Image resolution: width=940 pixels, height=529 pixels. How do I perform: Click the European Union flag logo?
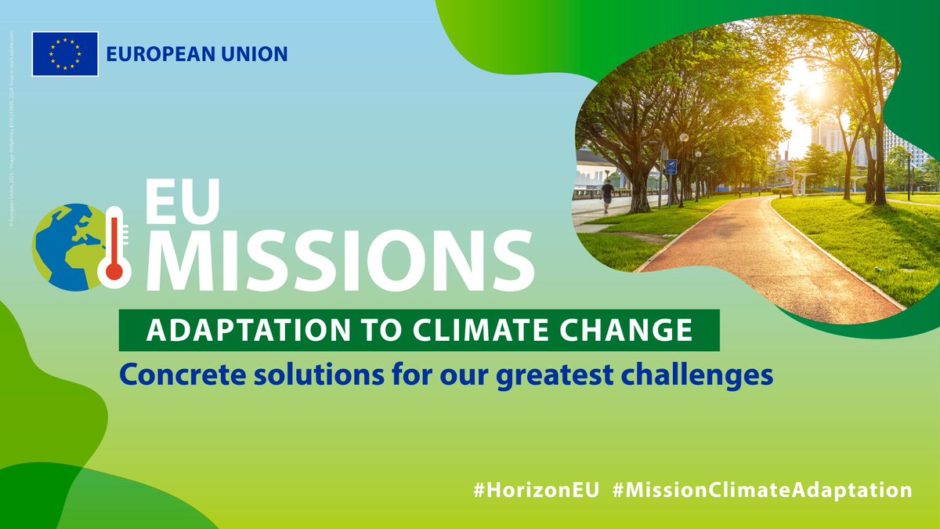tap(65, 54)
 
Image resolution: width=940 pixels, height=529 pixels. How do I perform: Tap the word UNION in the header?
tap(255, 55)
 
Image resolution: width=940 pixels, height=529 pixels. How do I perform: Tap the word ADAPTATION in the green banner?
tap(236, 330)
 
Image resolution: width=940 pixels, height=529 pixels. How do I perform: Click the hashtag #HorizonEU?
tap(537, 490)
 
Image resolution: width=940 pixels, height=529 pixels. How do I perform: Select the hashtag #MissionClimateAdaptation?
tap(762, 490)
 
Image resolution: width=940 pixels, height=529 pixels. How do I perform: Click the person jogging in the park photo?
tap(607, 194)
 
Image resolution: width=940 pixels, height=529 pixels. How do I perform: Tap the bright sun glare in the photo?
tap(815, 90)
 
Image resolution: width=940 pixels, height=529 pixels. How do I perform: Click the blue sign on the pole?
tap(671, 166)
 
